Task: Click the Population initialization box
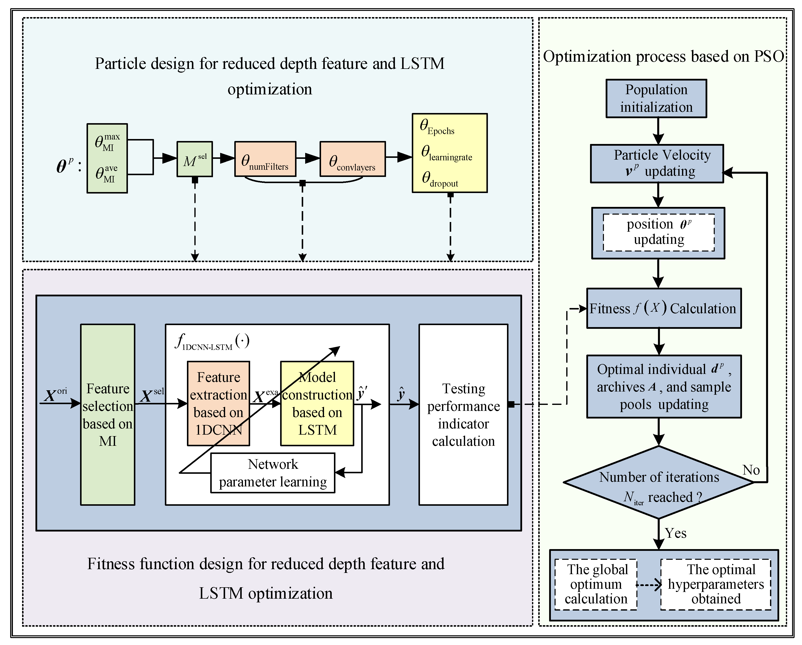click(x=656, y=99)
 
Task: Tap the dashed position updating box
click(x=658, y=232)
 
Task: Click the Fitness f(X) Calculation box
click(x=664, y=308)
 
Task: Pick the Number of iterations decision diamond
click(x=658, y=482)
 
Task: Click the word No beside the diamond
click(x=751, y=470)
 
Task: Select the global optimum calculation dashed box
click(x=596, y=584)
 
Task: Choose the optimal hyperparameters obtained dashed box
click(x=716, y=584)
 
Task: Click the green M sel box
click(x=195, y=159)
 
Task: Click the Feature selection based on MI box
click(x=108, y=415)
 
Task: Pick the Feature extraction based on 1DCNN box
click(x=218, y=403)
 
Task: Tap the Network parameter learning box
click(x=273, y=473)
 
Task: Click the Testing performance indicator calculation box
click(x=463, y=415)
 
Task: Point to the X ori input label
click(x=55, y=395)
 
